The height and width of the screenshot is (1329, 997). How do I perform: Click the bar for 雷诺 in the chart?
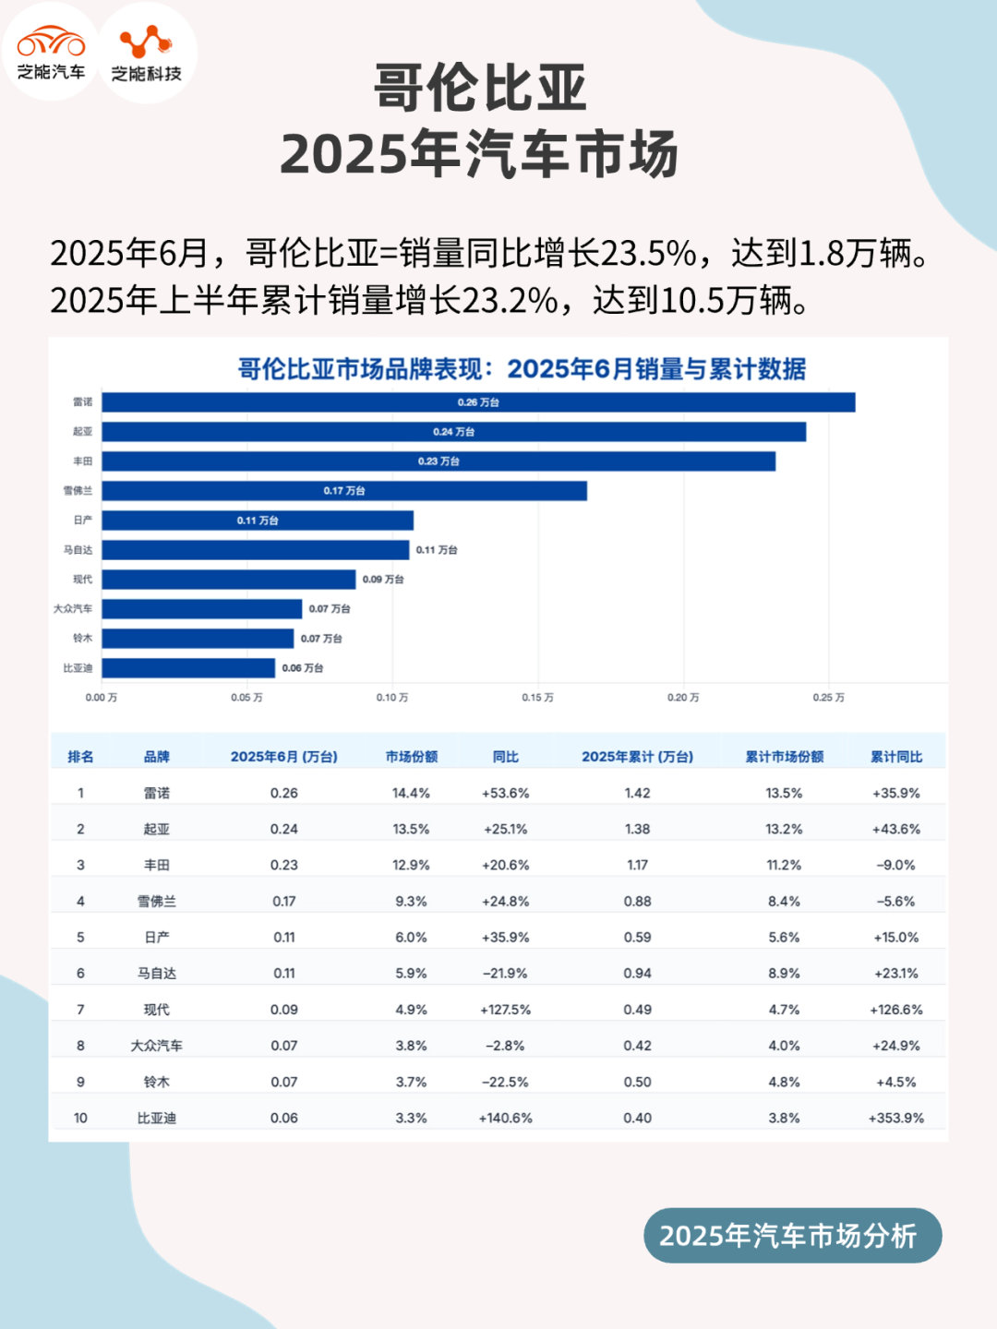click(478, 402)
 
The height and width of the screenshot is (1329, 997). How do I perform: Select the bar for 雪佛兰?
click(344, 491)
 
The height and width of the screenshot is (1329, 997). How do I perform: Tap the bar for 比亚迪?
click(188, 668)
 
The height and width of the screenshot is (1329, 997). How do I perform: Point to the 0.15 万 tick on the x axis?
click(537, 698)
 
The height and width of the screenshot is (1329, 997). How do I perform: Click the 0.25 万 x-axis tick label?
click(828, 698)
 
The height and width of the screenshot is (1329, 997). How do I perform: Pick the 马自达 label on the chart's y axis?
click(78, 550)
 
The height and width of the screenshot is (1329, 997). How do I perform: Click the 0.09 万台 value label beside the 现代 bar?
click(383, 580)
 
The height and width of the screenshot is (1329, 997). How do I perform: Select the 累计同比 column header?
click(896, 757)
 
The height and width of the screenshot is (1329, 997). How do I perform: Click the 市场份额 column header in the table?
click(412, 757)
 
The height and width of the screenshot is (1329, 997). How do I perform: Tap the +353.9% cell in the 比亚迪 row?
click(896, 1118)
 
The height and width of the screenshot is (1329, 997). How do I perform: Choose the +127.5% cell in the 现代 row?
click(506, 1010)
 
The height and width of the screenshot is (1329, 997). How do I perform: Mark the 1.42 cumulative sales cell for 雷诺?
click(637, 793)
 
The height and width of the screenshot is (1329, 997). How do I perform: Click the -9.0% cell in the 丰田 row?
click(896, 865)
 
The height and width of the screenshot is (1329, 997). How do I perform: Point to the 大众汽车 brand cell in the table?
click(156, 1046)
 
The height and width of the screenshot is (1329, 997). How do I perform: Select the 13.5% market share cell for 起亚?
click(412, 829)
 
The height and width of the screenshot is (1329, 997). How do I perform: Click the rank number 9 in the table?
click(80, 1082)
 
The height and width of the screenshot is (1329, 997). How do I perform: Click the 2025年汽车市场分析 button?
click(792, 1235)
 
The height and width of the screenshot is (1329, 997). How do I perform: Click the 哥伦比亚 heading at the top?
click(480, 89)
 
